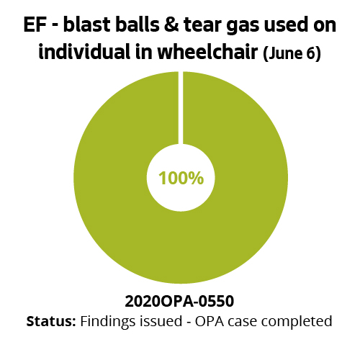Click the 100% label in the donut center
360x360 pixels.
point(181,178)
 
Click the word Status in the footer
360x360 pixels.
point(50,320)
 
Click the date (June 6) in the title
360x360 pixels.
point(292,55)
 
